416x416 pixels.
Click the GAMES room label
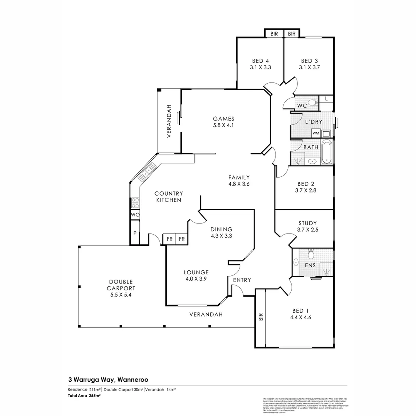[223, 119]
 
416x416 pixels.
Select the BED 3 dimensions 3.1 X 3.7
[309, 67]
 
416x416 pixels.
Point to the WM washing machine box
[316, 133]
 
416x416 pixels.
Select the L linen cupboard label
[326, 99]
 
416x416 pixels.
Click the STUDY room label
[307, 223]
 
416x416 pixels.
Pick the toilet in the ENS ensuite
[311, 254]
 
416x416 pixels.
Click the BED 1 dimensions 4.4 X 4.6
[300, 318]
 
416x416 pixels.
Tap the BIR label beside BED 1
[261, 317]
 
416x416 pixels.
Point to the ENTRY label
[242, 280]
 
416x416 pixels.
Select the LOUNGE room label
[196, 272]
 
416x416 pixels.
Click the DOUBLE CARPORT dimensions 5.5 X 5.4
[121, 295]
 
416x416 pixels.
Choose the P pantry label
[135, 233]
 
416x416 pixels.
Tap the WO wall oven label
[135, 215]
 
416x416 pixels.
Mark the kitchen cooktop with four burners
[135, 203]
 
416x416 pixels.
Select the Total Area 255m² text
[84, 396]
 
